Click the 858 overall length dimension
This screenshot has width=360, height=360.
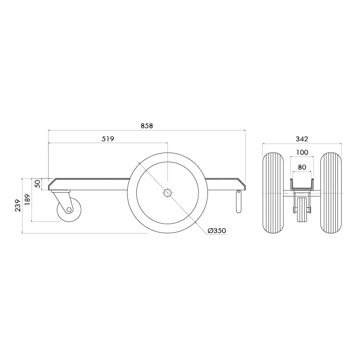click(147, 126)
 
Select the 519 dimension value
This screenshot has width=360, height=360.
click(108, 139)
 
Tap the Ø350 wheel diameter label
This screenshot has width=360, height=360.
click(216, 231)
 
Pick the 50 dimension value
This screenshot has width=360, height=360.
click(38, 184)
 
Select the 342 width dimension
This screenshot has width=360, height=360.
click(302, 139)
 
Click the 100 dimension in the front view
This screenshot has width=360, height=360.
click(302, 153)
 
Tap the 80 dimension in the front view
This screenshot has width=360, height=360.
click(302, 167)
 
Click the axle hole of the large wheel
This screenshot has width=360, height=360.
click(167, 193)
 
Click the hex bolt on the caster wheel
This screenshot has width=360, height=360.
click(69, 210)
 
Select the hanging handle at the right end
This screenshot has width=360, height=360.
click(238, 202)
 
